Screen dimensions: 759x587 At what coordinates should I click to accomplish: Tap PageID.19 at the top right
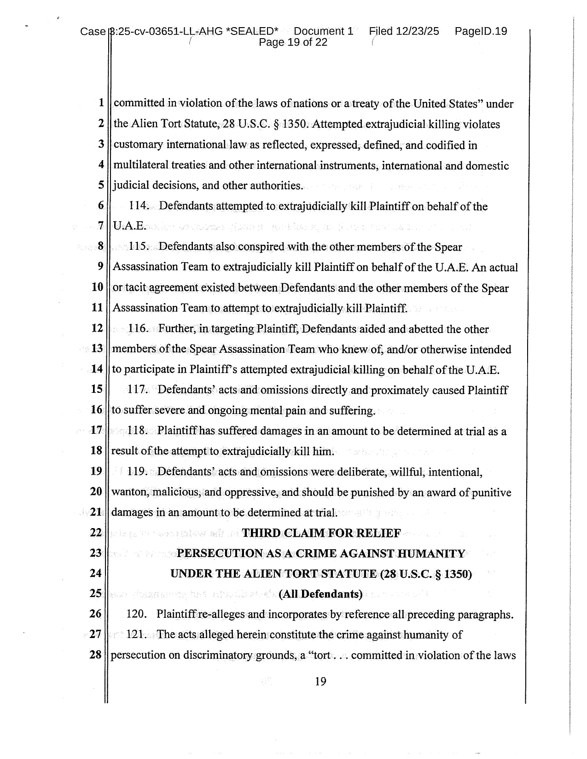pos(481,31)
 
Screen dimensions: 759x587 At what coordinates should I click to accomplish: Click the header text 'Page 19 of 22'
pos(293,43)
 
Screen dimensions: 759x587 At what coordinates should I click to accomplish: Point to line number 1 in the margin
pos(101,103)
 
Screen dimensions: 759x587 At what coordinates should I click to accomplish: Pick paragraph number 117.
pos(137,390)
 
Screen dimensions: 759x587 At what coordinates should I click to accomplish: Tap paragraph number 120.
pos(136,614)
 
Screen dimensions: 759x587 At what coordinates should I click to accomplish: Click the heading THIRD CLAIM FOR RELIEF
pos(321,533)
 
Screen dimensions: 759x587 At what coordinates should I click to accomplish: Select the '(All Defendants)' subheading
pos(320,594)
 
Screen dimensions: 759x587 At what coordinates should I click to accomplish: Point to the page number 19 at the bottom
pos(320,681)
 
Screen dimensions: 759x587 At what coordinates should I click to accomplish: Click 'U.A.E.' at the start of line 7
pos(129,226)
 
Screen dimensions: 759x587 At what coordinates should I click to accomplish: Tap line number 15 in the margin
pos(97,389)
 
